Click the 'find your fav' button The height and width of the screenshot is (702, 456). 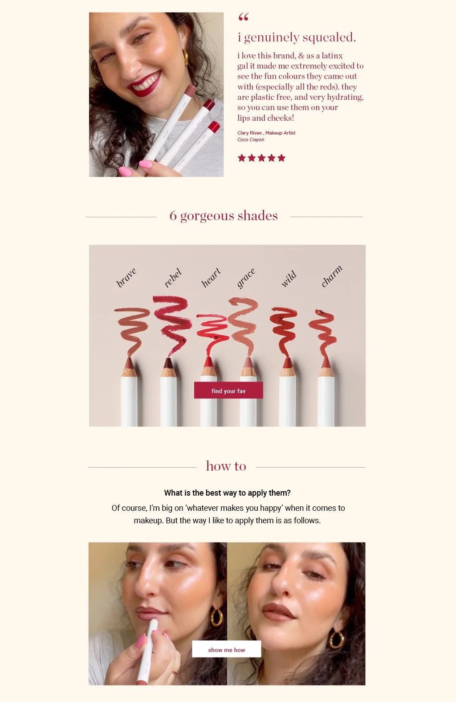[228, 390]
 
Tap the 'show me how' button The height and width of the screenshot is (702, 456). [227, 649]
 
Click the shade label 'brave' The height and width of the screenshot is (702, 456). [126, 277]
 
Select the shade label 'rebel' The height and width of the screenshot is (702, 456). [173, 278]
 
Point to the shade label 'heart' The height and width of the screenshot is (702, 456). [211, 277]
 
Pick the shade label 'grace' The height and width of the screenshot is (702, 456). [246, 278]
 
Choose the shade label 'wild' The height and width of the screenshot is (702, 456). [289, 279]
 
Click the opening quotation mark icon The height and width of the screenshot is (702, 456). [244, 17]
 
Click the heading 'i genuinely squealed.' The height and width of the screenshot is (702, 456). [297, 37]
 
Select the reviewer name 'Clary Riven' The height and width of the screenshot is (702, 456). [249, 133]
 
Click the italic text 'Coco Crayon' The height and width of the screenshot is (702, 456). [251, 140]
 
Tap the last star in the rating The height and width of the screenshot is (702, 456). [281, 158]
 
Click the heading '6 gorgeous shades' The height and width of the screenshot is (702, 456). [224, 216]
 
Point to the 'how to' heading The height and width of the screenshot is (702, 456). [226, 466]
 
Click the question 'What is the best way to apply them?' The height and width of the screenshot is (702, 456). [227, 493]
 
